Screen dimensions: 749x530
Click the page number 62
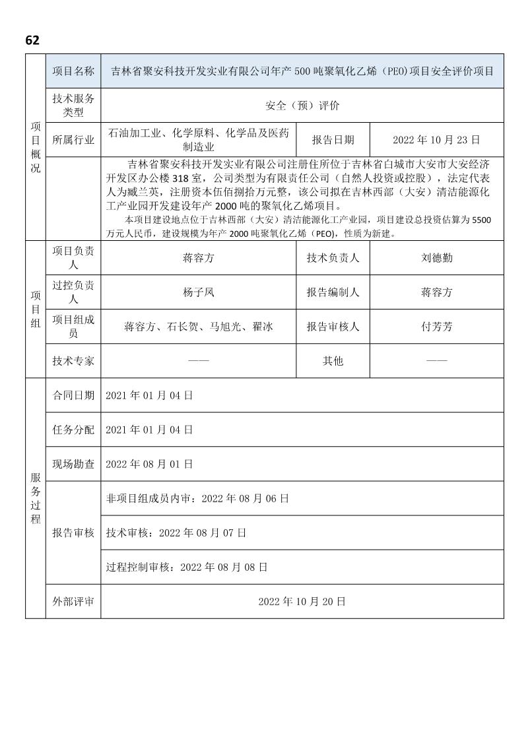pyautogui.click(x=32, y=40)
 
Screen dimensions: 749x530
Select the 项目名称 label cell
pyautogui.click(x=73, y=71)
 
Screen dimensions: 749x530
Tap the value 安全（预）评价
pyautogui.click(x=302, y=106)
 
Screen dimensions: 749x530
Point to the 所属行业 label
pyautogui.click(x=73, y=140)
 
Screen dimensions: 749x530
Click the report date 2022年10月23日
pyautogui.click(x=436, y=140)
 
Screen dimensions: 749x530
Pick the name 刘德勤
pyautogui.click(x=437, y=258)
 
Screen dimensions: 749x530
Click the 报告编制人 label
pyautogui.click(x=333, y=292)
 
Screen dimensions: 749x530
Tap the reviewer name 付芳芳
pyautogui.click(x=437, y=327)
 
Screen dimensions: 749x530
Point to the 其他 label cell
pyautogui.click(x=333, y=361)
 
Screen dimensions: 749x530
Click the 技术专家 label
pyautogui.click(x=73, y=361)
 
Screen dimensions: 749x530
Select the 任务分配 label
pyautogui.click(x=73, y=430)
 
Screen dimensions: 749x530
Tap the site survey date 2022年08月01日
pyautogui.click(x=149, y=464)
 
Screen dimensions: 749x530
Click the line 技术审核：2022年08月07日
pyautogui.click(x=176, y=533)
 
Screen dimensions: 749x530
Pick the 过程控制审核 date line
pyautogui.click(x=186, y=567)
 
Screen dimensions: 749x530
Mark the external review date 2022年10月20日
pyautogui.click(x=302, y=601)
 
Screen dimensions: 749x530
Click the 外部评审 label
pyautogui.click(x=73, y=601)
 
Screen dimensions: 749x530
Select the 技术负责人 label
pyautogui.click(x=333, y=258)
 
